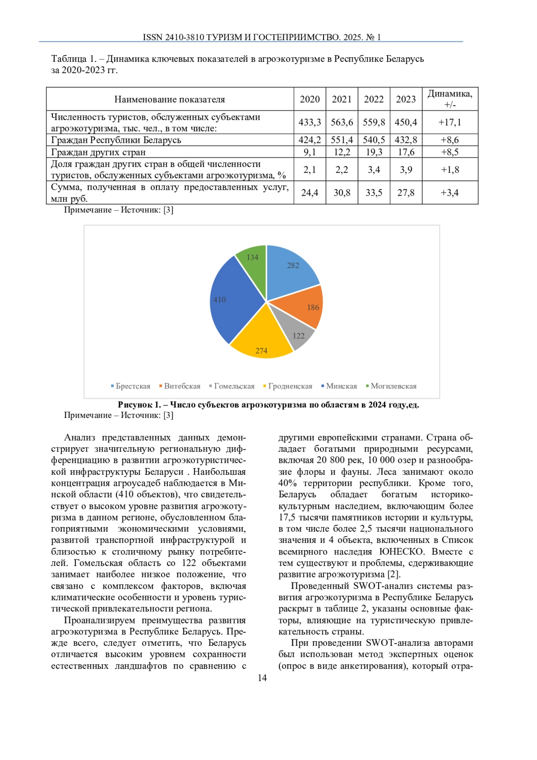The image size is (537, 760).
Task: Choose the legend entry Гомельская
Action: pyautogui.click(x=232, y=386)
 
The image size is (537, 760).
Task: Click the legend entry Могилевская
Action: pyautogui.click(x=391, y=386)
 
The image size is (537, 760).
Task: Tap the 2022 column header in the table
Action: pyautogui.click(x=374, y=99)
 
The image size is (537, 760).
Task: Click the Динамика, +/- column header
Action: pyautogui.click(x=450, y=99)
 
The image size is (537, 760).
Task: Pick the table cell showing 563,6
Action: pyautogui.click(x=342, y=122)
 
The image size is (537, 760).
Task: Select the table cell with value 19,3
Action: pyautogui.click(x=374, y=152)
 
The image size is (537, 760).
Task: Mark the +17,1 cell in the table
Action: pyautogui.click(x=450, y=122)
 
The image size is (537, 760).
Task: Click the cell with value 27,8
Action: pyautogui.click(x=406, y=193)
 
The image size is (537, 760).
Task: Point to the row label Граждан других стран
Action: pyautogui.click(x=98, y=152)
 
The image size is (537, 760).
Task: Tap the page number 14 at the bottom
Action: pyautogui.click(x=262, y=678)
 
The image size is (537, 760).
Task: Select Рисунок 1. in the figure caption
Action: pyautogui.click(x=139, y=405)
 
